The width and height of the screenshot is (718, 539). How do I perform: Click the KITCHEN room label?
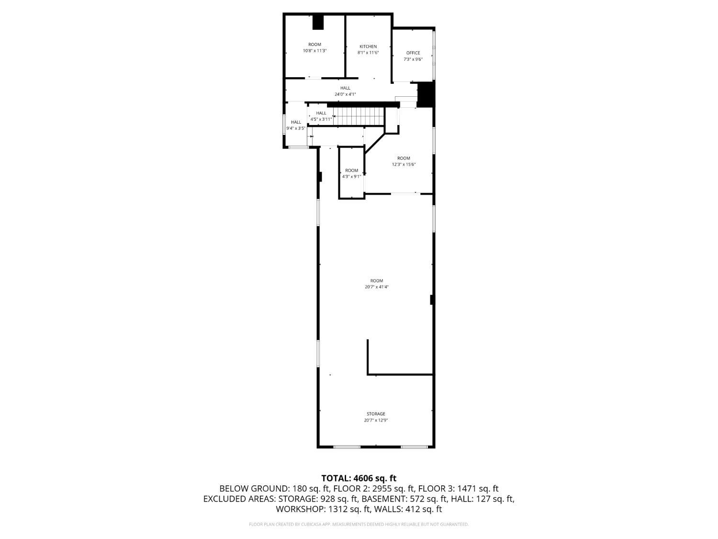[x=368, y=46]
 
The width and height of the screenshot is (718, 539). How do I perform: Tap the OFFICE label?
[x=413, y=53]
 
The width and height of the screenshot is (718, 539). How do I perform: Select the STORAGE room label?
[x=376, y=414]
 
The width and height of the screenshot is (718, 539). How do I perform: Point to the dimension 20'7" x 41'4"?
[x=377, y=287]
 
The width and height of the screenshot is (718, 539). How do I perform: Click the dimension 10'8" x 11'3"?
[x=314, y=51]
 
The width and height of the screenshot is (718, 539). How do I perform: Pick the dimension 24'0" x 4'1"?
[x=345, y=94]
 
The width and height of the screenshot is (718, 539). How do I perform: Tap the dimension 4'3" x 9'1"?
[x=351, y=177]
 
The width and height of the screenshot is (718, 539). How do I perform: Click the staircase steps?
[x=358, y=116]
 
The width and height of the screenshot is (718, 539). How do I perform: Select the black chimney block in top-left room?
[x=318, y=22]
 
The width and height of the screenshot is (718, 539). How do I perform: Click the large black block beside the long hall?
[x=426, y=94]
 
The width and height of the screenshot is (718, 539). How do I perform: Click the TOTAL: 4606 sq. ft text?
[x=359, y=478]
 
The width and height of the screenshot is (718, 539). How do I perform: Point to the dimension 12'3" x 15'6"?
[x=404, y=165]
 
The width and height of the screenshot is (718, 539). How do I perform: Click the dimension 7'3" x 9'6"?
[x=413, y=59]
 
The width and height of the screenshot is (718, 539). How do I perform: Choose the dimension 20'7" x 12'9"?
[x=376, y=420]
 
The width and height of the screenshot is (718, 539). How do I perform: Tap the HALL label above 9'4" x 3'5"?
[x=296, y=122]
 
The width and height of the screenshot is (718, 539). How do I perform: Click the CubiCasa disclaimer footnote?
[x=359, y=524]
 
